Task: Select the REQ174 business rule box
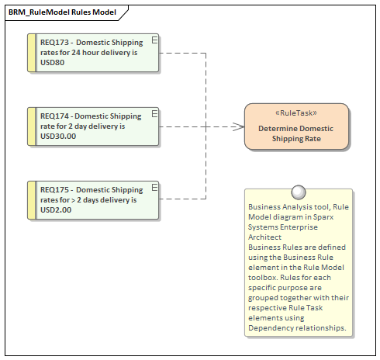coord(93,126)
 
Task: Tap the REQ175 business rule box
coord(93,199)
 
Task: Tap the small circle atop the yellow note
coord(298,192)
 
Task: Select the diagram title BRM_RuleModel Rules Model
coord(63,13)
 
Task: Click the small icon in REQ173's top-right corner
coord(155,39)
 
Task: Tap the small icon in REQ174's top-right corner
coord(155,112)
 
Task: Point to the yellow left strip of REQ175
coord(32,199)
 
